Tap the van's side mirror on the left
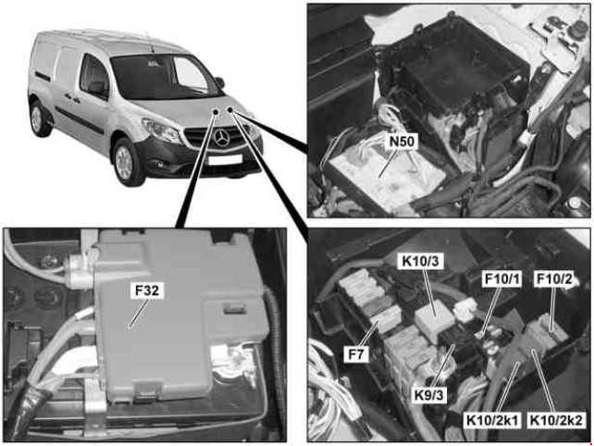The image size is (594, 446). (96, 88)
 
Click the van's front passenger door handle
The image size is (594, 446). (69, 99)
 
